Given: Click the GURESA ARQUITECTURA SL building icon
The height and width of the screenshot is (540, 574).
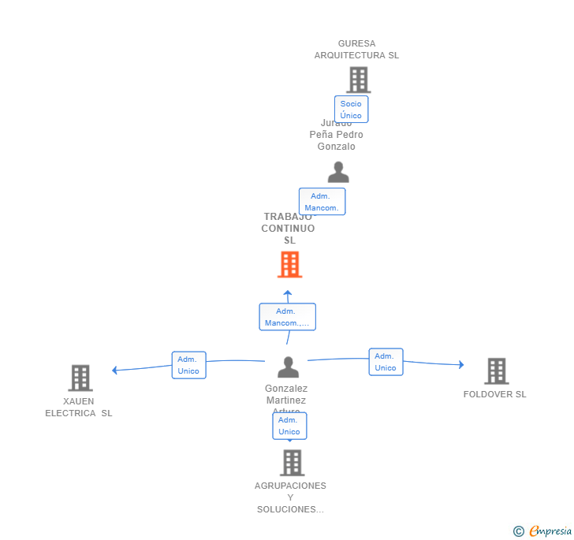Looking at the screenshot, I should pos(358,80).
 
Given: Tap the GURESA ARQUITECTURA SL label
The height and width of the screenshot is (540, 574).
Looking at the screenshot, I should pos(356,50).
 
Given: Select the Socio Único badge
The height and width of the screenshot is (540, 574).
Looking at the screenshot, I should pos(351,110).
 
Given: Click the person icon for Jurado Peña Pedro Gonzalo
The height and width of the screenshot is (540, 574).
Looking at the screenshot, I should pos(338,172).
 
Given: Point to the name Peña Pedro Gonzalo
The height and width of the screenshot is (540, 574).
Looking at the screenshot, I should pos(337,140).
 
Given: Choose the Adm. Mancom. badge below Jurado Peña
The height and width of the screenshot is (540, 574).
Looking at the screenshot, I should pos(322,202).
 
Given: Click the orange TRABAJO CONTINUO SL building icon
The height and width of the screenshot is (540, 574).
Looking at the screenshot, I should pos(289,265).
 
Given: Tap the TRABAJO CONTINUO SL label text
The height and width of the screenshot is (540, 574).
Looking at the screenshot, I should pos(289,229).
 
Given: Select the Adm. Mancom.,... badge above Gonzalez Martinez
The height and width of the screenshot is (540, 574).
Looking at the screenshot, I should pos(287,317).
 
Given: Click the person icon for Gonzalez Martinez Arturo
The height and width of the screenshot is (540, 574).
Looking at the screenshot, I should pos(289,367).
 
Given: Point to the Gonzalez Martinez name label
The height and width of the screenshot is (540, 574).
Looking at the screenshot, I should pos(286,394).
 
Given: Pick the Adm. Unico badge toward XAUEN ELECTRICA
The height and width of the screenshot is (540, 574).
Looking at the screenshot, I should pos(188,365).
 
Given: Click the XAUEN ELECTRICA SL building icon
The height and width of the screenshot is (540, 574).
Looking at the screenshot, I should pos(80,378).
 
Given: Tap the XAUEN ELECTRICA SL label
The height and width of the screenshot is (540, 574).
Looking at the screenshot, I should pos(79,407).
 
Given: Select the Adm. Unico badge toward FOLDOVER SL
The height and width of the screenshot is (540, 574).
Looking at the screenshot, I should pos(386,362).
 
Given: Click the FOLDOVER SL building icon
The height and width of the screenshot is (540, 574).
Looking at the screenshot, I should pos(496,371).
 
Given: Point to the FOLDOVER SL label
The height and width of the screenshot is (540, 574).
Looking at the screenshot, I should pos(494,394).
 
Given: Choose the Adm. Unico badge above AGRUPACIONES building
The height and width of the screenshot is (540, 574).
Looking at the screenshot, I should pos(289,426).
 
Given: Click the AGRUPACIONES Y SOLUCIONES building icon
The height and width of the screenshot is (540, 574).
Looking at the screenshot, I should pos(292,463).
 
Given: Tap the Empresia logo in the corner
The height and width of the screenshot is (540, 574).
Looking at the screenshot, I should pos(549,531).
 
